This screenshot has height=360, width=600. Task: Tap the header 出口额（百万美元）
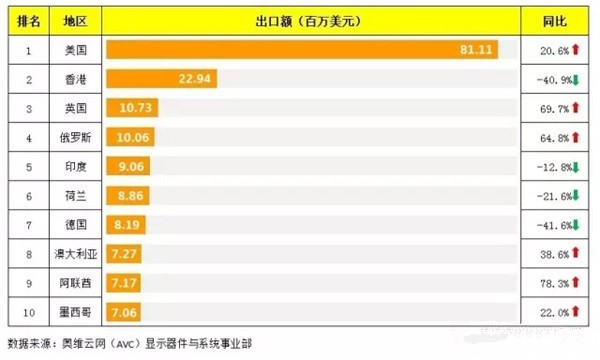pyautogui.click(x=312, y=20)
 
